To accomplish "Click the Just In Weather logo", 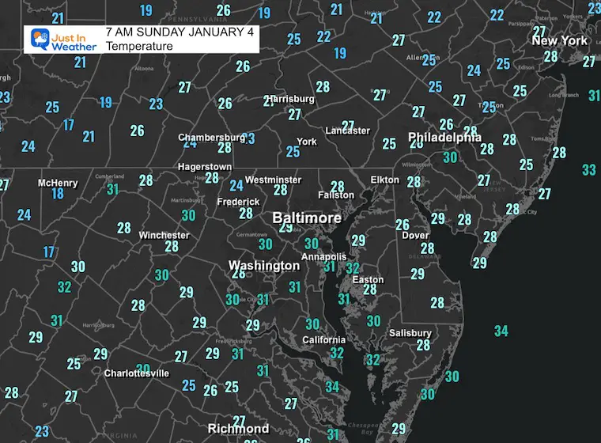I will (x=62, y=40).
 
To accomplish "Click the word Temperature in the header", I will (x=139, y=47).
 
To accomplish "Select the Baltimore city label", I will (x=307, y=218).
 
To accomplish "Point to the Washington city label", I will (x=264, y=266).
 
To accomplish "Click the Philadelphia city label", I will (x=444, y=138).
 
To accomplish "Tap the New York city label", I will (x=559, y=40).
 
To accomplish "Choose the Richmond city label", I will (x=238, y=429).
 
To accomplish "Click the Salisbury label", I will (x=410, y=333).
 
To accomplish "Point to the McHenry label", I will (x=58, y=183).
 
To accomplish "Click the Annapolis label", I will (x=323, y=256).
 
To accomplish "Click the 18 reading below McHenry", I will (x=58, y=194).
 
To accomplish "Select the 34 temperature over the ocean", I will (x=501, y=331).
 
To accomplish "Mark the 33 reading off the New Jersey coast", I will (x=588, y=170).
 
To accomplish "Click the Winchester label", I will (x=164, y=235).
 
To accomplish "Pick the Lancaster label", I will (x=347, y=131).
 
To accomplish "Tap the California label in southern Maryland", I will (x=324, y=340).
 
